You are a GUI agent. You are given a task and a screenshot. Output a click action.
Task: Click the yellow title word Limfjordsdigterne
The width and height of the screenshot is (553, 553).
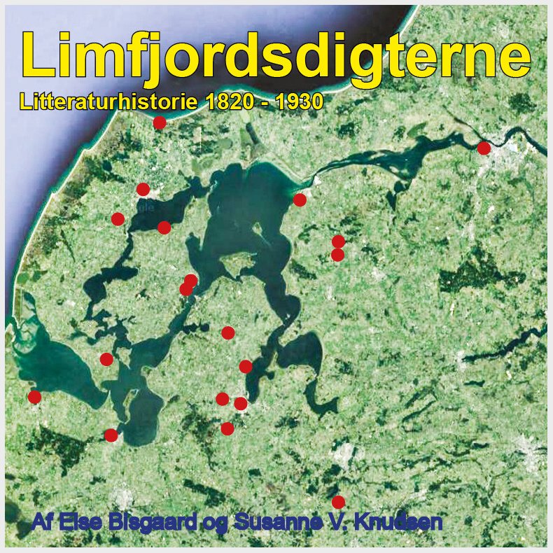[276, 56]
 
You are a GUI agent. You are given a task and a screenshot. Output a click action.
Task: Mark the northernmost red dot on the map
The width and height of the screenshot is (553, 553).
[160, 122]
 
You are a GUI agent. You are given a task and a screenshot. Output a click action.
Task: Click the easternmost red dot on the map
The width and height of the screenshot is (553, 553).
[484, 148]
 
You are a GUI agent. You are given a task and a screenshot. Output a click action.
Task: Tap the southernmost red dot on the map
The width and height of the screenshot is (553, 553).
[338, 502]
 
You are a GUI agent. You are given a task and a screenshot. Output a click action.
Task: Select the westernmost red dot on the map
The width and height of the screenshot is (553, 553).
[34, 397]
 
